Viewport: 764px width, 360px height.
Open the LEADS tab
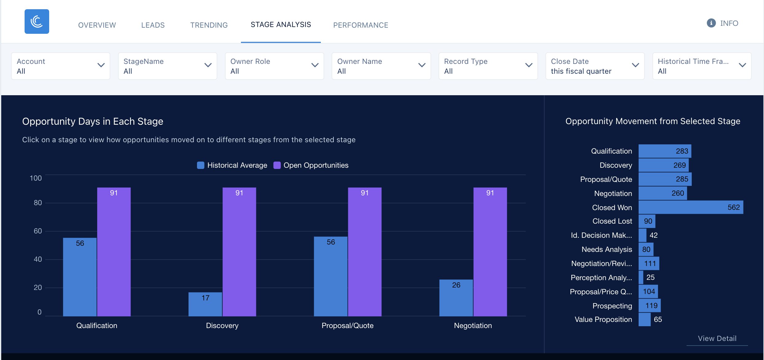pyautogui.click(x=153, y=25)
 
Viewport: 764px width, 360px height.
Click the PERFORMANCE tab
pyautogui.click(x=360, y=25)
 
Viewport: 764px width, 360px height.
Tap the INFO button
pyautogui.click(x=723, y=23)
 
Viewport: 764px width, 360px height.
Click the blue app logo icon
pyautogui.click(x=37, y=22)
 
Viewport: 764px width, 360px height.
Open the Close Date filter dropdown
pyautogui.click(x=595, y=66)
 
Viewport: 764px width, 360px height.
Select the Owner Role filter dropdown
pyautogui.click(x=274, y=66)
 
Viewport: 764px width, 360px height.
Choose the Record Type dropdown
pyautogui.click(x=488, y=66)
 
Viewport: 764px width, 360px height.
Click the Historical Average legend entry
pyautogui.click(x=232, y=165)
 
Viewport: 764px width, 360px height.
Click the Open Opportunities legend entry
pyautogui.click(x=311, y=165)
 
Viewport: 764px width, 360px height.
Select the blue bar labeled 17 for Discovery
pyautogui.click(x=205, y=304)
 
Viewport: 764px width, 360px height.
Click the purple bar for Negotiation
pyautogui.click(x=490, y=252)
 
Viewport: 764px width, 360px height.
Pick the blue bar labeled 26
pyautogui.click(x=456, y=298)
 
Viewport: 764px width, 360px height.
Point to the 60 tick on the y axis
pyautogui.click(x=38, y=231)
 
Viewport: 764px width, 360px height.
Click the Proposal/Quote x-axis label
pyautogui.click(x=347, y=326)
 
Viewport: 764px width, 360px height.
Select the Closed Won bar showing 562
pyautogui.click(x=691, y=207)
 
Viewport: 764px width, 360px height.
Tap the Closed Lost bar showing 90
pyautogui.click(x=647, y=221)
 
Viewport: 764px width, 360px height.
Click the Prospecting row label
pyautogui.click(x=612, y=306)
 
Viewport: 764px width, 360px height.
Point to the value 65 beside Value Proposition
pyautogui.click(x=658, y=319)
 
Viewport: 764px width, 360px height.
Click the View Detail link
pyautogui.click(x=717, y=338)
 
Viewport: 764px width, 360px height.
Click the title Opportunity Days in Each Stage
pyautogui.click(x=93, y=121)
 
